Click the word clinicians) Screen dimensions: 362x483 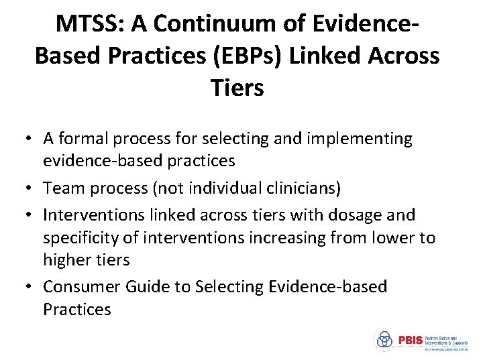306,189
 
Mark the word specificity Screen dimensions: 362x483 82,238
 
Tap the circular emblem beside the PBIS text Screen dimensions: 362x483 384,340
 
